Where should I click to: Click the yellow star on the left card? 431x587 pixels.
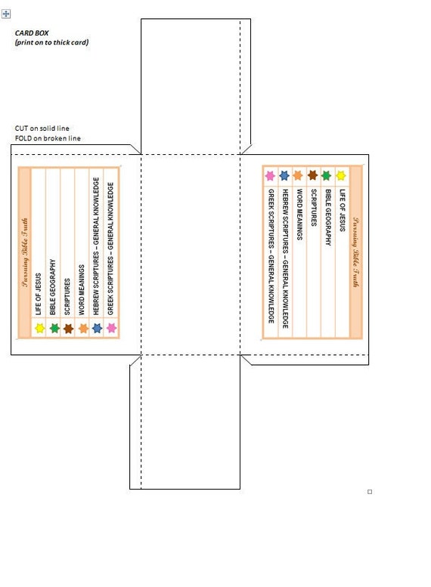tap(40, 329)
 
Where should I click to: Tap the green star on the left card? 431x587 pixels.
tap(54, 329)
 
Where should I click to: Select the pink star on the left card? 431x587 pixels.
tap(111, 328)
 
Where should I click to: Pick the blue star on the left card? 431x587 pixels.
tap(97, 329)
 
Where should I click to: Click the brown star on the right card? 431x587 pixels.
tap(312, 175)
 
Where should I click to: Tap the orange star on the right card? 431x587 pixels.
tap(298, 175)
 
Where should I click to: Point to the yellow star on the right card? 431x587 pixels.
tap(341, 175)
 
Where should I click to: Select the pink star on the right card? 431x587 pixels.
tap(270, 175)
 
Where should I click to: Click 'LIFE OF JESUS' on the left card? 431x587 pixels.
tap(38, 294)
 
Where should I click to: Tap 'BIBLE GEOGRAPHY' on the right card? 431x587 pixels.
tap(328, 217)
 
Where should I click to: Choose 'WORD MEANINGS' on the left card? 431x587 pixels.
tap(82, 290)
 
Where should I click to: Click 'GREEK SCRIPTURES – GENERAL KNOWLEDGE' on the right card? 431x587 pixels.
tap(271, 256)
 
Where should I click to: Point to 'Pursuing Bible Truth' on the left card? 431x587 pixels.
tap(25, 252)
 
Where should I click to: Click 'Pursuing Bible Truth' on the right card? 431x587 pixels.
tap(355, 252)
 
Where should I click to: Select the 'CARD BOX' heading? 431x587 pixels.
tap(32, 33)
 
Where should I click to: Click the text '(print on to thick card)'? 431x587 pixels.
tap(51, 42)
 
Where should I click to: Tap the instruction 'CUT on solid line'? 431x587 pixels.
tap(42, 128)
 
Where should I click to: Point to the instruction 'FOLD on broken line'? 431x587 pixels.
tap(48, 138)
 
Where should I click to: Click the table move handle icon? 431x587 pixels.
tap(6, 14)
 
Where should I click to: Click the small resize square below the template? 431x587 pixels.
tap(370, 492)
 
